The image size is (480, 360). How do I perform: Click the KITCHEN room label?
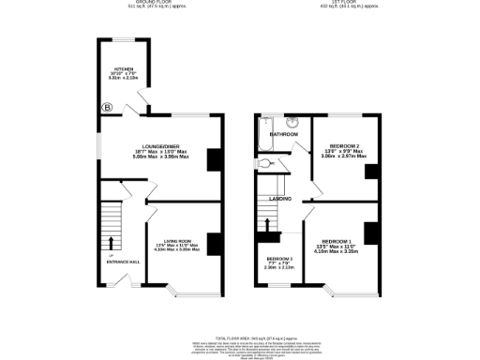123,69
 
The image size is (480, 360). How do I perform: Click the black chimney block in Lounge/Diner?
214,160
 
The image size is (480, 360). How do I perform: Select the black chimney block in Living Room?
214,245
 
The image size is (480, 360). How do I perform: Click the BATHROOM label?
284,134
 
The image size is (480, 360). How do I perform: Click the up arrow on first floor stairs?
270,226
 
